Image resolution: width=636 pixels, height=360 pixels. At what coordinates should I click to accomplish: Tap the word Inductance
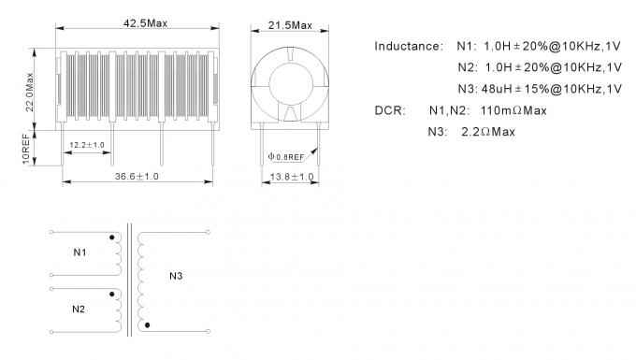409,46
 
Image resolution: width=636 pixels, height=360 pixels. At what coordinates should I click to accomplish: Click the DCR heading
390,110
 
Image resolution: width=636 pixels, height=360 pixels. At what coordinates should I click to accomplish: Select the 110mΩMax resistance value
513,110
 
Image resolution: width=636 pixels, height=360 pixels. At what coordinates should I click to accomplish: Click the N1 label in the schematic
81,252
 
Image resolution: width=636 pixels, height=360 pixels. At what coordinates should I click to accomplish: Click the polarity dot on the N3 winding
147,324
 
